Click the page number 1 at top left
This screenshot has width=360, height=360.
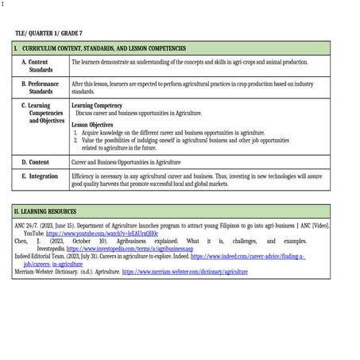(2, 3)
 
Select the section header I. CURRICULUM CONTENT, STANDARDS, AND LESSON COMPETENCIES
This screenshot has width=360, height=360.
(110, 48)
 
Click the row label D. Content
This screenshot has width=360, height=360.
(35, 161)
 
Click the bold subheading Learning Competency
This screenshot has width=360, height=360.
(97, 105)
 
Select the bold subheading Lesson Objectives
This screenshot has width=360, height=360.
(91, 125)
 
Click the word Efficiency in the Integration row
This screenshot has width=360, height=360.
(83, 176)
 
